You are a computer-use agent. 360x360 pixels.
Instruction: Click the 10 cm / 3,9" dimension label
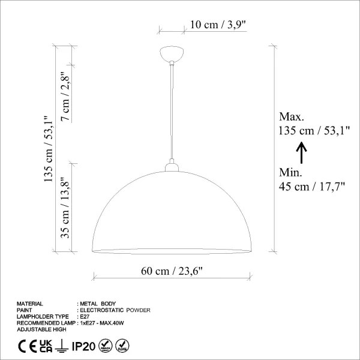coord(218,25)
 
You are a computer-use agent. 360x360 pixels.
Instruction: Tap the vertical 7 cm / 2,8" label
coord(65,97)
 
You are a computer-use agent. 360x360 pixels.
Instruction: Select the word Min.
coord(291,173)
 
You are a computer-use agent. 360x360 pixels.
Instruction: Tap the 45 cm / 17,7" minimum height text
coord(311,187)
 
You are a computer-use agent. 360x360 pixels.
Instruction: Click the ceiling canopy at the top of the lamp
coord(172,54)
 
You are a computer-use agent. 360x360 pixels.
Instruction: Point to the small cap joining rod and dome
coord(172,165)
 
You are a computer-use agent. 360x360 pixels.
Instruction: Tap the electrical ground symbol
coord(61,346)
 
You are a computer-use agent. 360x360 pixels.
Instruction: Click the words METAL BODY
coord(99,304)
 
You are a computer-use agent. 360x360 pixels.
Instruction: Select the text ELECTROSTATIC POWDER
coord(116,310)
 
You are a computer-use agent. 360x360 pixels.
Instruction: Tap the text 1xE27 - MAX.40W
coord(105,323)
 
